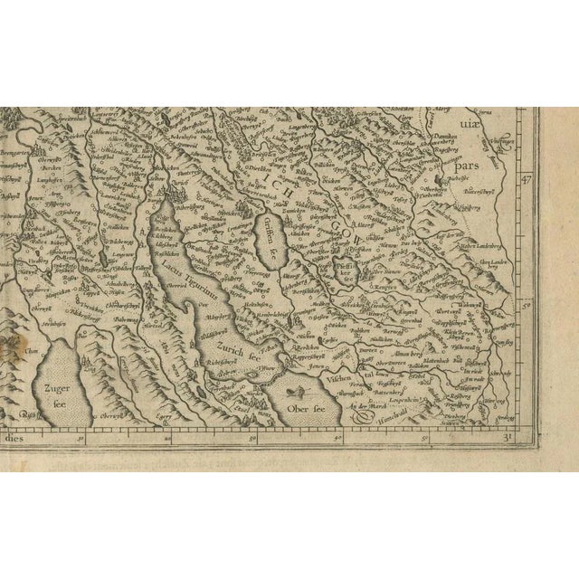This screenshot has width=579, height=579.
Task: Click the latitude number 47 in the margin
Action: tap(524, 179)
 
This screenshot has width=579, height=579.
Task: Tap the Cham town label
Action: tap(33, 354)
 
